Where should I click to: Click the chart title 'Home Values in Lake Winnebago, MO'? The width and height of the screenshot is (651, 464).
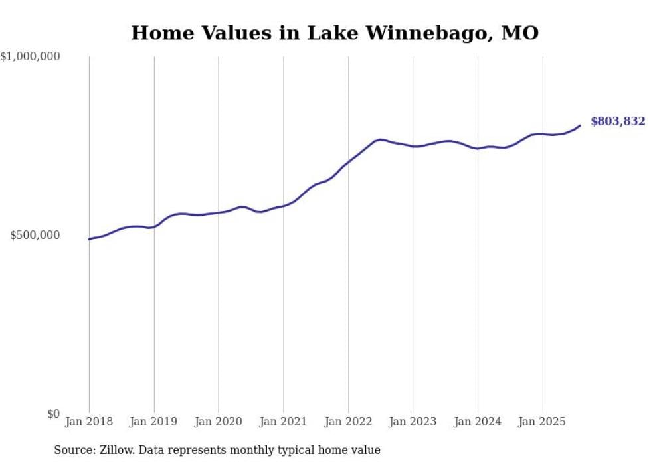pyautogui.click(x=334, y=32)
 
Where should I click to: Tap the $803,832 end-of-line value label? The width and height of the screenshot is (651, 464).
pyautogui.click(x=618, y=121)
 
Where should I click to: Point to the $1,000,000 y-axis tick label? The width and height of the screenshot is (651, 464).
pyautogui.click(x=31, y=57)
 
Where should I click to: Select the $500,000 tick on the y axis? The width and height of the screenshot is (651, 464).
pyautogui.click(x=35, y=236)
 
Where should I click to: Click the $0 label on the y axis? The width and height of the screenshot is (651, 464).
pyautogui.click(x=53, y=414)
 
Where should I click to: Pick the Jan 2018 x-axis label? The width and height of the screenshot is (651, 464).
pyautogui.click(x=89, y=422)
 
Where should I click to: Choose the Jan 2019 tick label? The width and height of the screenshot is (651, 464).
pyautogui.click(x=154, y=422)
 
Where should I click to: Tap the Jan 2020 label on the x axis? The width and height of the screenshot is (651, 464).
pyautogui.click(x=219, y=422)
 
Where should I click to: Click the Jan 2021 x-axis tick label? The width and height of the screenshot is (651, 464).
pyautogui.click(x=284, y=422)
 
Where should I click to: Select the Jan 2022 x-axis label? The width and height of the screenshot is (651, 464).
pyautogui.click(x=348, y=422)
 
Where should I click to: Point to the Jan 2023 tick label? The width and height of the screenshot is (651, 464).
pyautogui.click(x=413, y=422)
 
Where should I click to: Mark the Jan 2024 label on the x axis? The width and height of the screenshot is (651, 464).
pyautogui.click(x=478, y=422)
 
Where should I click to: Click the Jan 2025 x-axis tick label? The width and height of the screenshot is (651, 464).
pyautogui.click(x=542, y=422)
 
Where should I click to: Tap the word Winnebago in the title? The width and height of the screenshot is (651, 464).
pyautogui.click(x=396, y=32)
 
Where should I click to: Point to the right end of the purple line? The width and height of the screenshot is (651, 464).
pyautogui.click(x=580, y=125)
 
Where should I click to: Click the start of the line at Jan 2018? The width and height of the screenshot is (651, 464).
pyautogui.click(x=89, y=239)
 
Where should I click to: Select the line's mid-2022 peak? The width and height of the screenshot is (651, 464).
pyautogui.click(x=379, y=139)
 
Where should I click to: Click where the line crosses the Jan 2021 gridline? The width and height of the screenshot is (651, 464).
pyautogui.click(x=284, y=206)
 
